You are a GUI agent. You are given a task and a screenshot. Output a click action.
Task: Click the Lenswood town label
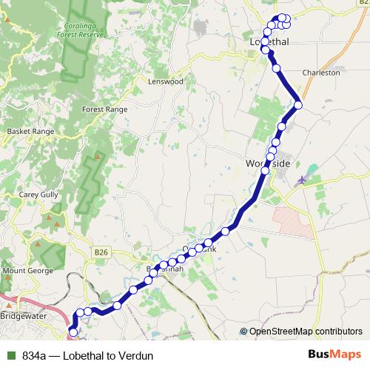point(165,81)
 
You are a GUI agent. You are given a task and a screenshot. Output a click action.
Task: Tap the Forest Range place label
point(104,109)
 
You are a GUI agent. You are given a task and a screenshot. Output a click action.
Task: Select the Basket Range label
point(30,131)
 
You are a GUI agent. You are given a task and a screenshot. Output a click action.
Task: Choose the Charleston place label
point(321,73)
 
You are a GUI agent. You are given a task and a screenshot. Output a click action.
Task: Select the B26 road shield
point(101,253)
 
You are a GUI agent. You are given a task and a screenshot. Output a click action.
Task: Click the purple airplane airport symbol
point(300,180)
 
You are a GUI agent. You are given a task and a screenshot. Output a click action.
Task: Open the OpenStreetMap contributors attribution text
point(306,332)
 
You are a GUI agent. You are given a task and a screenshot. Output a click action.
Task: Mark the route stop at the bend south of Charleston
point(298,105)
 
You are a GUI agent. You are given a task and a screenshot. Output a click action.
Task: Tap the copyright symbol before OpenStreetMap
point(244,332)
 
